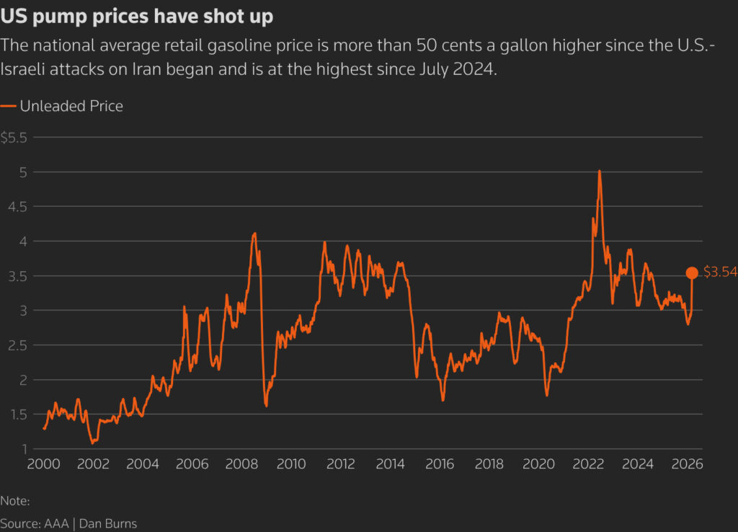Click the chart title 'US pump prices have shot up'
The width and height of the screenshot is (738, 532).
[x=137, y=17]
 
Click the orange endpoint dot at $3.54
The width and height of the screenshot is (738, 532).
[x=692, y=272]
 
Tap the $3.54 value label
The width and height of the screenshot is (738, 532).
[x=720, y=272]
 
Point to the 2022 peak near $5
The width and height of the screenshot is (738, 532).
[x=600, y=172]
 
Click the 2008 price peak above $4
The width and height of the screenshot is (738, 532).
[x=254, y=234]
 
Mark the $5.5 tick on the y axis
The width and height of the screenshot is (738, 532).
[x=13, y=138]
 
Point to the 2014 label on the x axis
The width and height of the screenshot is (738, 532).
[x=390, y=464]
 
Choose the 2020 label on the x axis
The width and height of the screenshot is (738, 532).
[x=538, y=464]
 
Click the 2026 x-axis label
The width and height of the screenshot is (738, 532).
[x=687, y=464]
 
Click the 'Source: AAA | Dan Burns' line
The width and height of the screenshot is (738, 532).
[x=68, y=523]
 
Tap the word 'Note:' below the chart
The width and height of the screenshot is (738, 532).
[x=15, y=500]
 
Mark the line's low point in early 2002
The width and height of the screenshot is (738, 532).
[x=92, y=443]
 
